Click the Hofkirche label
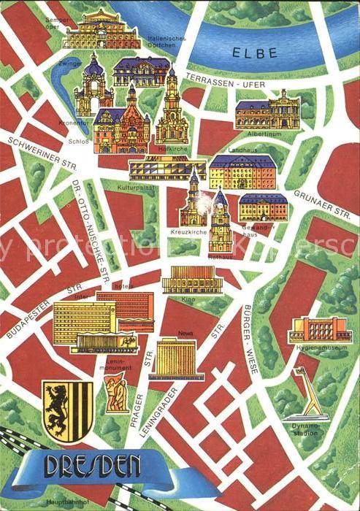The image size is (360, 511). coord(168,147)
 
